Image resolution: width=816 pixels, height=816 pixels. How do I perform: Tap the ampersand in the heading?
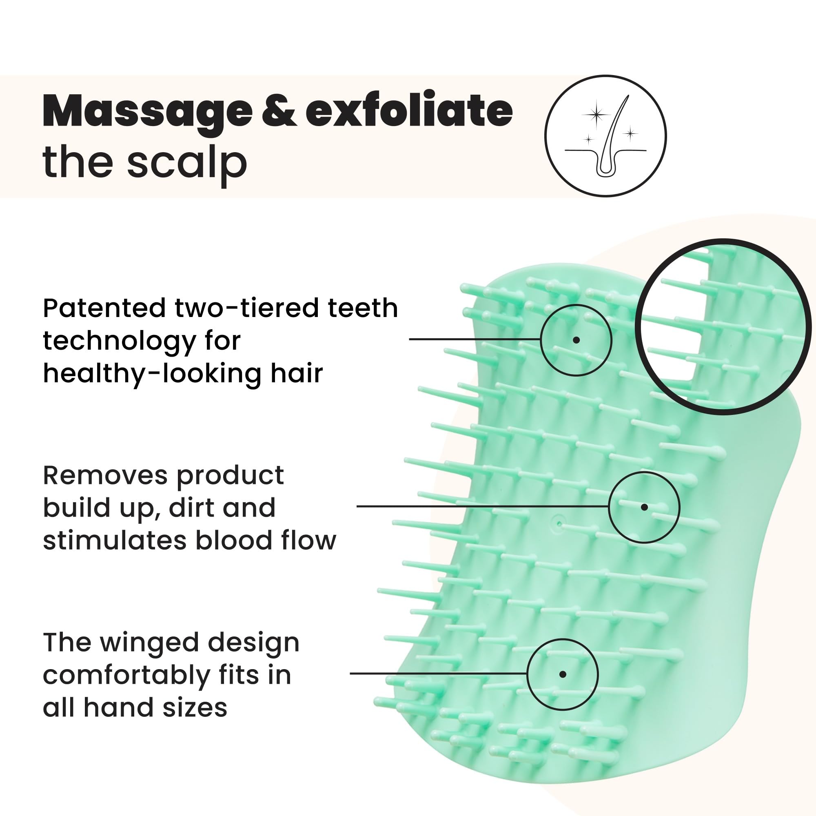[279, 110]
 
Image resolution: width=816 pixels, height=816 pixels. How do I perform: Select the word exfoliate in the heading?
[409, 109]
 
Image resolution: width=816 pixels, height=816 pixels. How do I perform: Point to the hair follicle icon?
[605, 136]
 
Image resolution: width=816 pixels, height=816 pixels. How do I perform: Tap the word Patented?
[104, 308]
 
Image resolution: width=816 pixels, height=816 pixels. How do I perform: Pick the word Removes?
[105, 476]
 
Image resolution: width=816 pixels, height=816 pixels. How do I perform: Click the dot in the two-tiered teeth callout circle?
[576, 340]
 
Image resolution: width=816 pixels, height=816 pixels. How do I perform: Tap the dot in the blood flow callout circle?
[644, 507]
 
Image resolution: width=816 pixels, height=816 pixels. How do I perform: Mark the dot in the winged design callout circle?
[563, 674]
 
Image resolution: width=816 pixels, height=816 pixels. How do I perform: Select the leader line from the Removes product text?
[483, 506]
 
